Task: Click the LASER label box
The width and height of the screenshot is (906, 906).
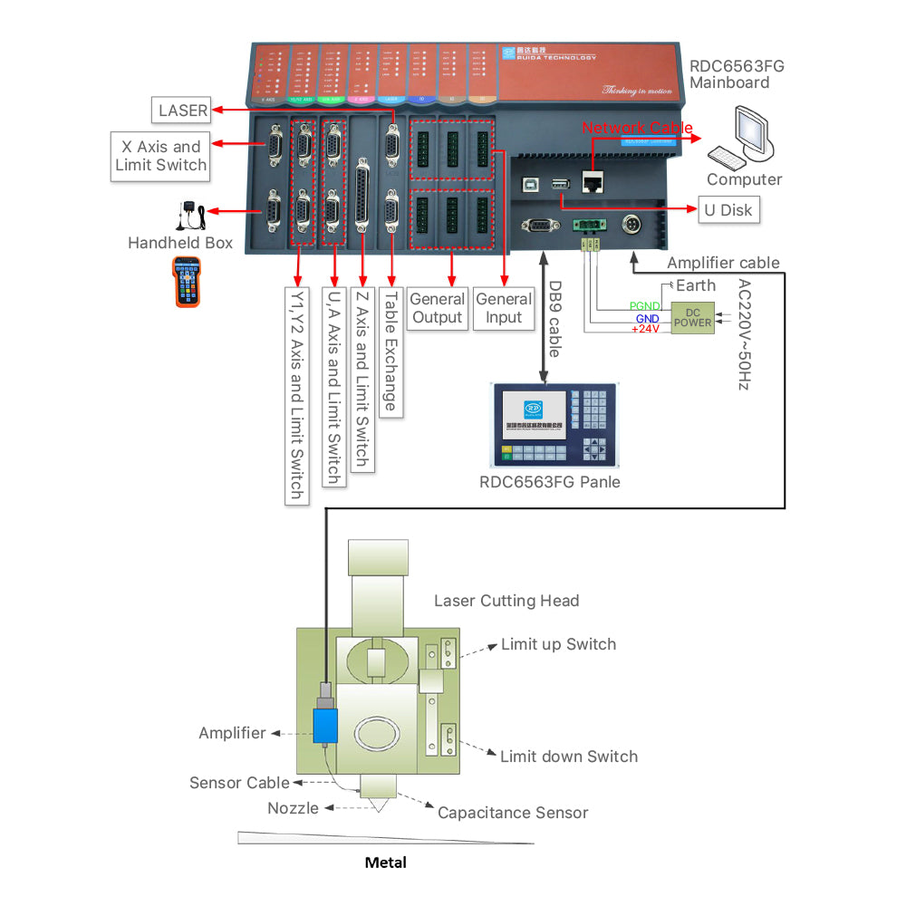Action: pos(183,111)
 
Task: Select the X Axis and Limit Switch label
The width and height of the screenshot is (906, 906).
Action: pos(161,155)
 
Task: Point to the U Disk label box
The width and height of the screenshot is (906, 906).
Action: pos(728,210)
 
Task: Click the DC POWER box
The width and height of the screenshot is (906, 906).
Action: pos(693,317)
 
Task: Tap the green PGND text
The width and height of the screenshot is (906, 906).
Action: pos(644,305)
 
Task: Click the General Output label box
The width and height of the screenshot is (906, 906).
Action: pos(437,308)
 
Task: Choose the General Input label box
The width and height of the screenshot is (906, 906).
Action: pos(504,308)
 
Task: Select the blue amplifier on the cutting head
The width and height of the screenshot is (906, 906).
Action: pos(325,725)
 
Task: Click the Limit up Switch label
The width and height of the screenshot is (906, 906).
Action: pos(558,644)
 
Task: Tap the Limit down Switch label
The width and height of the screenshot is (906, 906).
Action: pos(568,757)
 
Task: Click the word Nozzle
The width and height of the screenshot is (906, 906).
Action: pos(293,807)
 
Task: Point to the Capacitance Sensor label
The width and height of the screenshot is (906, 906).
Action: pos(513,813)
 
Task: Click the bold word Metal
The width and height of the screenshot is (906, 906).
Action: pos(385,863)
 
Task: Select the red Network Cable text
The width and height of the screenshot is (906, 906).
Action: pos(637,129)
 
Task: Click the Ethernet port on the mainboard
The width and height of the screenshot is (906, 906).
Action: pos(595,182)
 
